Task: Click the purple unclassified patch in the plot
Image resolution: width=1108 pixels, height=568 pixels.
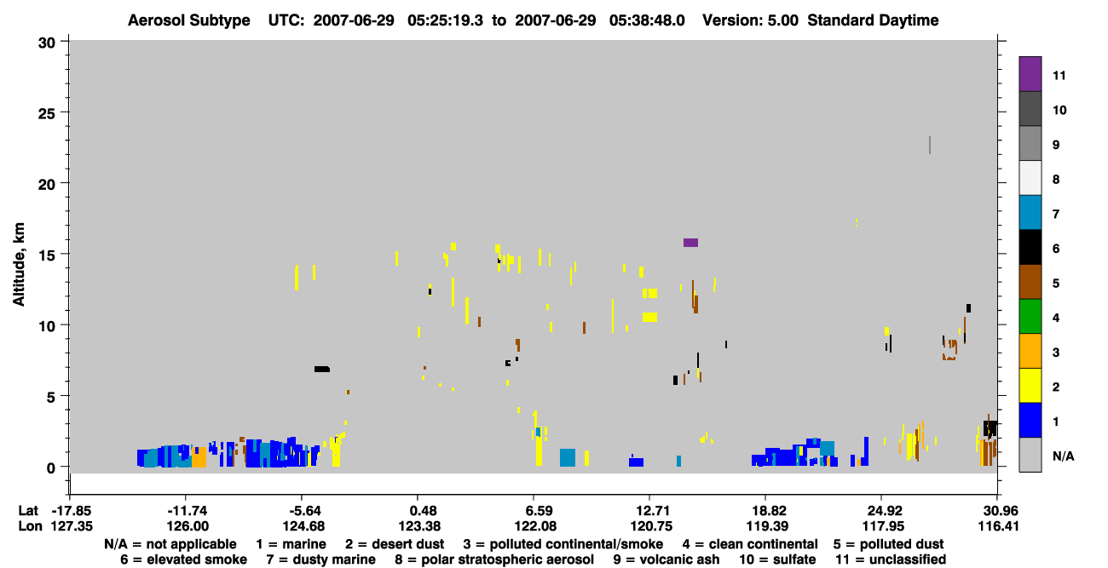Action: [x=690, y=243]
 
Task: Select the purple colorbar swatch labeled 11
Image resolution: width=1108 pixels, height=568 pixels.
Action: [x=1030, y=74]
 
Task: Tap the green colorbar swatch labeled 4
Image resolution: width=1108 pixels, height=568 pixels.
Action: [x=1030, y=317]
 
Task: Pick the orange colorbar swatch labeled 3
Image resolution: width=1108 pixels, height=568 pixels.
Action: [x=1030, y=351]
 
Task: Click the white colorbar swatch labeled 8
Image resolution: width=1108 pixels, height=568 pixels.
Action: [x=1030, y=178]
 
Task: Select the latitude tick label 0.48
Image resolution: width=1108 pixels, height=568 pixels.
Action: [x=418, y=511]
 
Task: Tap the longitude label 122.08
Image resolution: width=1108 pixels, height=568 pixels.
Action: [x=534, y=526]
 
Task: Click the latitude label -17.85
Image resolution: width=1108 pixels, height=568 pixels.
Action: [x=72, y=511]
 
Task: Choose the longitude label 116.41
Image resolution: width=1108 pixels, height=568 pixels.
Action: [x=999, y=526]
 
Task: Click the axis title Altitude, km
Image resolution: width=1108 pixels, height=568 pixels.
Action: [x=19, y=265]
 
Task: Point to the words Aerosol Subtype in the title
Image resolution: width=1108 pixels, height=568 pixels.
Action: [x=189, y=20]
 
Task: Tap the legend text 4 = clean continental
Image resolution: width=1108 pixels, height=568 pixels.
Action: [x=750, y=544]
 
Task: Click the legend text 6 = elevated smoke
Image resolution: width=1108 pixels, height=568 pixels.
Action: [x=183, y=559]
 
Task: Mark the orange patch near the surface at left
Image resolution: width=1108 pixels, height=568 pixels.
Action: [x=199, y=457]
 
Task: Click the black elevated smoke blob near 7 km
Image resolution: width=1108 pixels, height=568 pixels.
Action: [x=322, y=370]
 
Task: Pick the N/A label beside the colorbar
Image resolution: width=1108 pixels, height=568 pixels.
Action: [x=1063, y=456]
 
